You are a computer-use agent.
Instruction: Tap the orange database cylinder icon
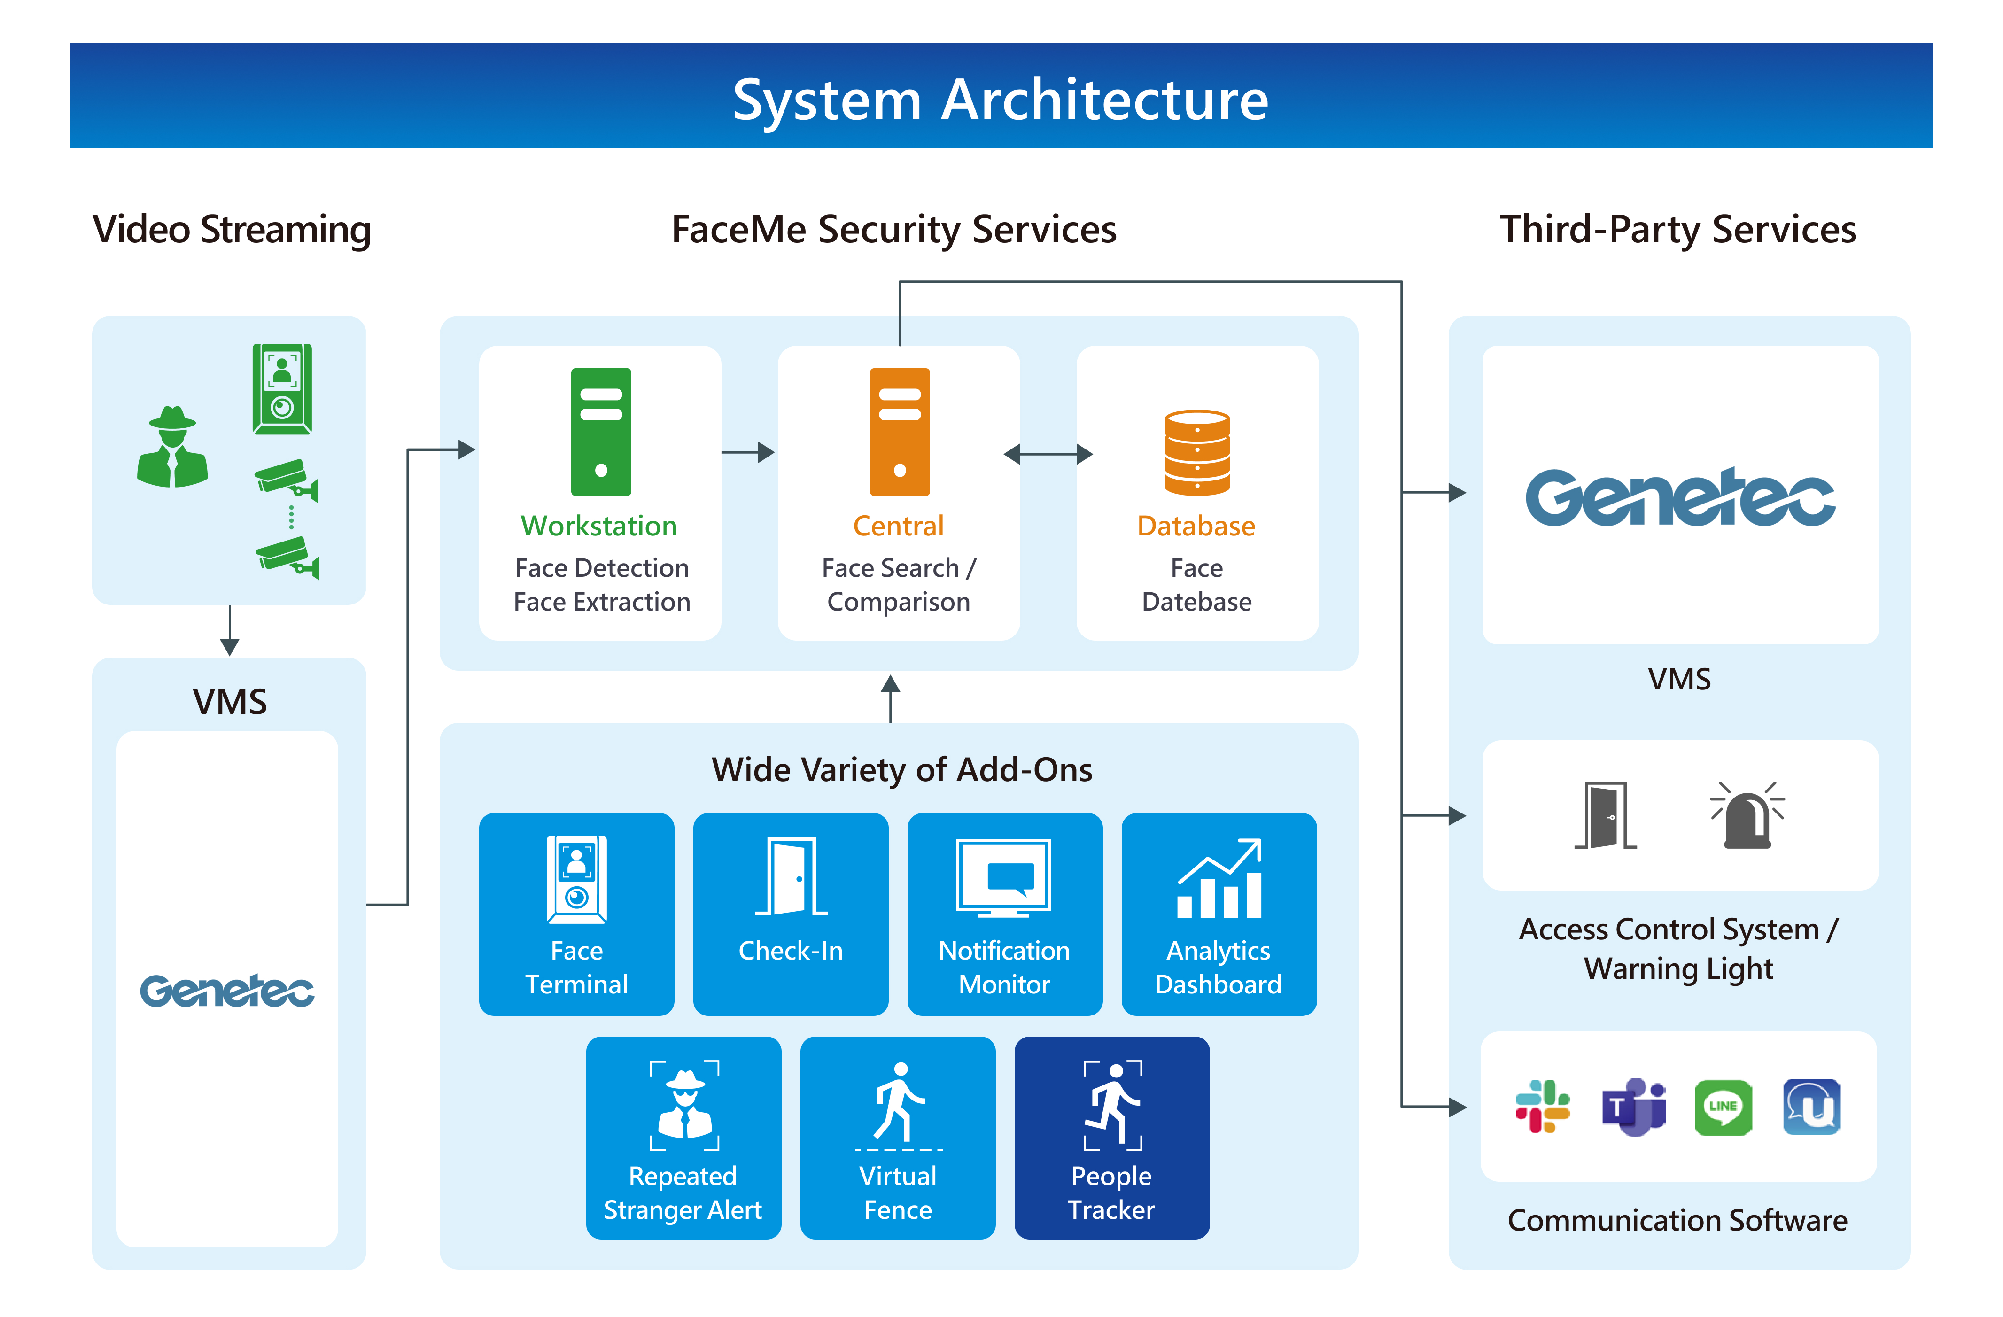pyautogui.click(x=1197, y=453)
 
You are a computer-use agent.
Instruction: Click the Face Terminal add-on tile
pyautogui.click(x=576, y=914)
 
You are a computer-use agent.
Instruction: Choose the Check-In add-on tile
pyautogui.click(x=790, y=914)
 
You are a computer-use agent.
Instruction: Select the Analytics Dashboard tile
pyautogui.click(x=1219, y=914)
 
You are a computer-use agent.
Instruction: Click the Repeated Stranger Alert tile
pyautogui.click(x=683, y=1138)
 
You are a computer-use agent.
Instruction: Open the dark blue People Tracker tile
pyautogui.click(x=1112, y=1138)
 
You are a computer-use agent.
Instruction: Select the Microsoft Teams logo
pyautogui.click(x=1633, y=1107)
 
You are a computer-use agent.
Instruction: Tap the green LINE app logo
pyautogui.click(x=1723, y=1107)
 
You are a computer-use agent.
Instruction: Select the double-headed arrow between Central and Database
pyautogui.click(x=1048, y=455)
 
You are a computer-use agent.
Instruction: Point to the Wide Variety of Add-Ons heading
pyautogui.click(x=901, y=769)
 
